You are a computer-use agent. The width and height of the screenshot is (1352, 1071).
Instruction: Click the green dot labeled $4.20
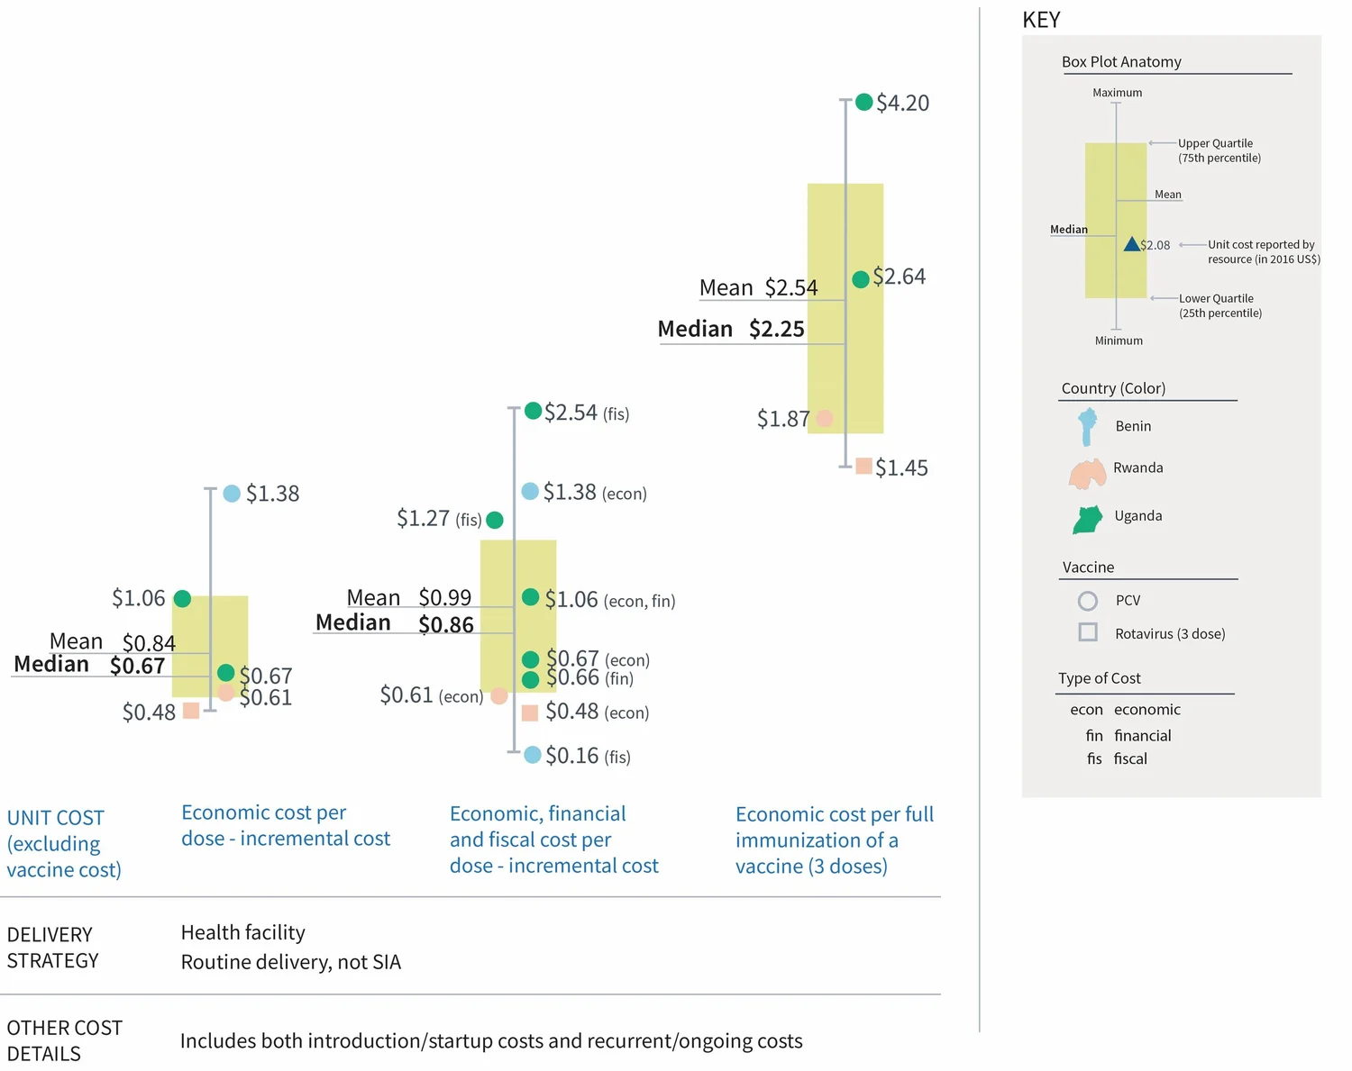tap(863, 102)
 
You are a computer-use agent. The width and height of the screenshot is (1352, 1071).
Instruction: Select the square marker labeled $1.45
tap(863, 466)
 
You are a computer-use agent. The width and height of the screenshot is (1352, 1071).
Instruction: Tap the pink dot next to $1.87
tap(824, 418)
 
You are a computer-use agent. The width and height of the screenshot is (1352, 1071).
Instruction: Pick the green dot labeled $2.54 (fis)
tap(533, 411)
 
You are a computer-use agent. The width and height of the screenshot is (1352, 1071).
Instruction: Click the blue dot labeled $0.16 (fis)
tap(533, 755)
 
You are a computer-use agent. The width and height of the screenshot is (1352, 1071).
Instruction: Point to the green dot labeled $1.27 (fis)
tap(495, 520)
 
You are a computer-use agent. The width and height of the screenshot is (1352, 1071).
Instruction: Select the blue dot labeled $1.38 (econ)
tap(530, 491)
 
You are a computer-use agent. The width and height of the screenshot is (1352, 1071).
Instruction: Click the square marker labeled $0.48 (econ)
tap(530, 712)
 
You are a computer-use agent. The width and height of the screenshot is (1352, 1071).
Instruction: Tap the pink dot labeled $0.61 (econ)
tap(498, 695)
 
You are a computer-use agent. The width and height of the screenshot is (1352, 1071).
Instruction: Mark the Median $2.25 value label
tap(776, 329)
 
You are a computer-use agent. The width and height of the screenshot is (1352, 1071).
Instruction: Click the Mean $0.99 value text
tap(445, 597)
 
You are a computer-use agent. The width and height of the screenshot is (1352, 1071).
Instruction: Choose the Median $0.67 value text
tap(137, 666)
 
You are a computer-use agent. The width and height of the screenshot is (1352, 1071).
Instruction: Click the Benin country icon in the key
tap(1088, 426)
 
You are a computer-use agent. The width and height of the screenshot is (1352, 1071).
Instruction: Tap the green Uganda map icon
tap(1088, 519)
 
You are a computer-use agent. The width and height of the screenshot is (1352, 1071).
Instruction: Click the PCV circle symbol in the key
tap(1088, 601)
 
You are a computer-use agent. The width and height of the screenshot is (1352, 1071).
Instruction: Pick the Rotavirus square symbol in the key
tap(1088, 632)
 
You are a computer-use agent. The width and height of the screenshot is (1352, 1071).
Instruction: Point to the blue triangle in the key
tap(1131, 244)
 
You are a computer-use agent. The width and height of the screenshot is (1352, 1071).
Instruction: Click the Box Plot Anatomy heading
tap(1121, 61)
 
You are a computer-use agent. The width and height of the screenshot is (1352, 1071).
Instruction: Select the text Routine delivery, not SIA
tap(290, 962)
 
